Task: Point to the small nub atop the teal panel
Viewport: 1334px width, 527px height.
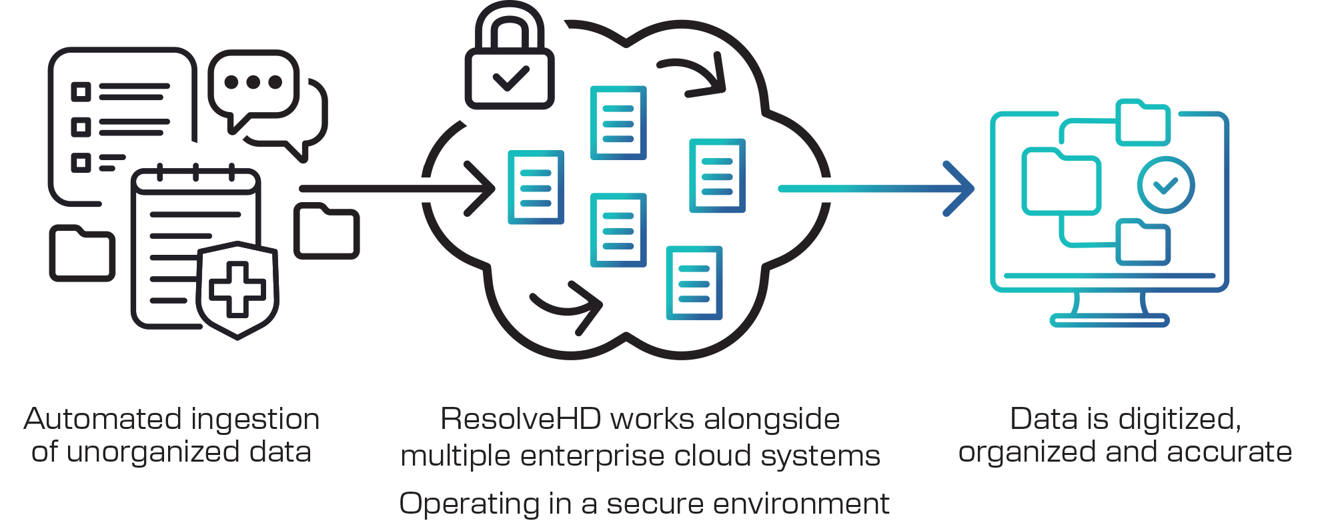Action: point(1122,105)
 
